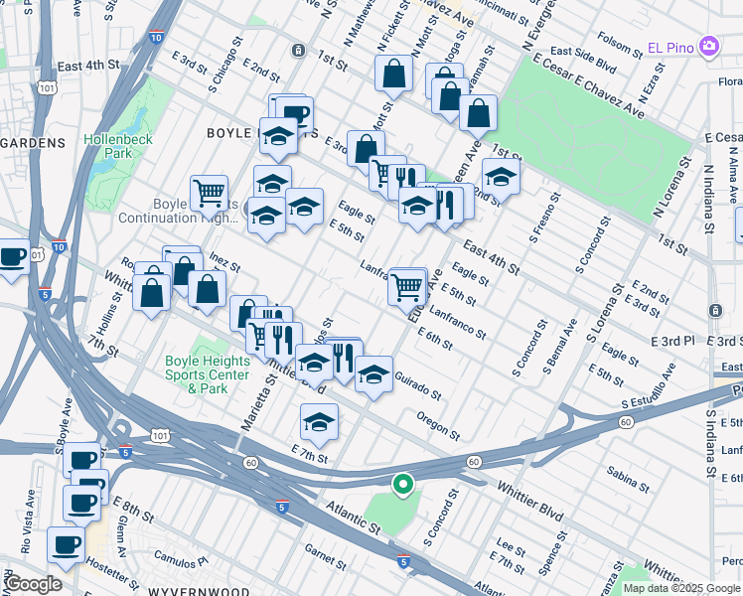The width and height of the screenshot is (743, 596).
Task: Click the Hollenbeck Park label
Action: pos(118,146)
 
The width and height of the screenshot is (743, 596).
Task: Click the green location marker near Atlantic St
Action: pos(402,485)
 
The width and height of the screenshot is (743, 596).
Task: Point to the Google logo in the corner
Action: pos(33,584)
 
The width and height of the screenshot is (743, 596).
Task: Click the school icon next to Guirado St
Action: pos(373,374)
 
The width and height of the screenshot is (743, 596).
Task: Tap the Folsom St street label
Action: pos(621,44)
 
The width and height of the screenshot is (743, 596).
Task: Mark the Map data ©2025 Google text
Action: pos(681,588)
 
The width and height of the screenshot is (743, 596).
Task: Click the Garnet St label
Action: pos(324,551)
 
